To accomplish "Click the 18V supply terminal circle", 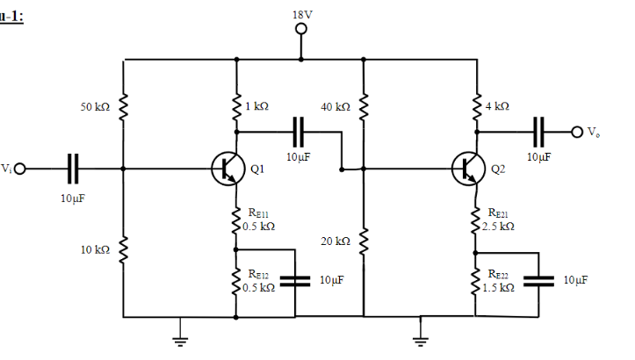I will [x=301, y=28].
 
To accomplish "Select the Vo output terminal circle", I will [x=576, y=133].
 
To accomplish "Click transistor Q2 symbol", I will [x=467, y=168].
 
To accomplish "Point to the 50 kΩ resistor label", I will [x=95, y=106].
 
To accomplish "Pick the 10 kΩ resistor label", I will [x=95, y=250].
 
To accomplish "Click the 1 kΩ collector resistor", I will [x=236, y=105].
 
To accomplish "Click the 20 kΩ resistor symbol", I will [x=364, y=241].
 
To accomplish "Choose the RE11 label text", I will [x=259, y=213].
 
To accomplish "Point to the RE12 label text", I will [x=259, y=279].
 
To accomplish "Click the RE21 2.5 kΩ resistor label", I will [x=502, y=220].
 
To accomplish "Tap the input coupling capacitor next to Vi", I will [x=74, y=167].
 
